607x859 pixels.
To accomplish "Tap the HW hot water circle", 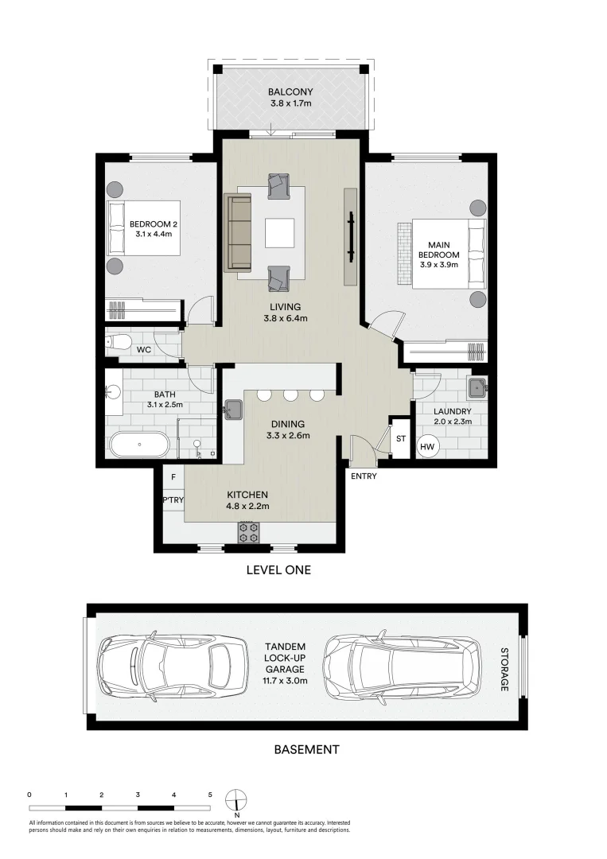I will click(426, 446).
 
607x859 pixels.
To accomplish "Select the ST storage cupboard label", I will click(400, 437).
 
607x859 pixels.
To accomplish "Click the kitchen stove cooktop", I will click(249, 531).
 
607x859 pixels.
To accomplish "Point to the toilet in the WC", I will click(119, 343).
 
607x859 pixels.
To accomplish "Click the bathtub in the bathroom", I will click(140, 444).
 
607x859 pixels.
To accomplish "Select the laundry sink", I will click(477, 389).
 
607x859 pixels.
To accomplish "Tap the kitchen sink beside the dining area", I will click(233, 410).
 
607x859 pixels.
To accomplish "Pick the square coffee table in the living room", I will click(279, 233).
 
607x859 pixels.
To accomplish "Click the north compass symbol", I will click(236, 799).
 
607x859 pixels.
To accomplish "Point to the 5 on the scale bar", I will click(210, 795).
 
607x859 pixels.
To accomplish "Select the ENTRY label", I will click(363, 476).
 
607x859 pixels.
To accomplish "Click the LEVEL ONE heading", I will click(278, 569).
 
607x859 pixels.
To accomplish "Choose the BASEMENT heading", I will click(305, 749).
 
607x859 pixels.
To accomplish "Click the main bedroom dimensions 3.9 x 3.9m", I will click(438, 265).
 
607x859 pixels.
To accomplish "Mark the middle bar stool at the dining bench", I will click(290, 395).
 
